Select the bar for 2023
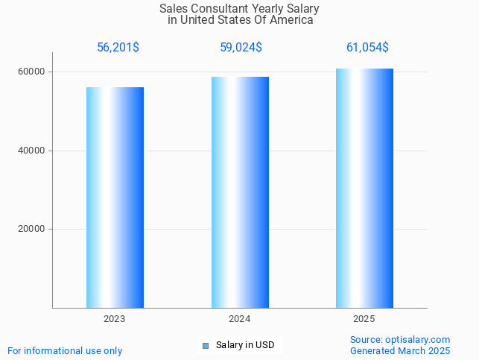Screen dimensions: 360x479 115,197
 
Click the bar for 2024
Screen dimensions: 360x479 240,192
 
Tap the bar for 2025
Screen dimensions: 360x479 364,188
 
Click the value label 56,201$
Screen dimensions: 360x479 118,48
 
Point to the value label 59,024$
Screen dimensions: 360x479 241,48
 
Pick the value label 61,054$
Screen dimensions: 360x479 367,48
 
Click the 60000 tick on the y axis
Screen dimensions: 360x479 32,72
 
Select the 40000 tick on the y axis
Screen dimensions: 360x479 32,151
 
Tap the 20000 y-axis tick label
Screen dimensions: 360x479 32,230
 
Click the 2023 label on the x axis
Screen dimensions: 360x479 115,319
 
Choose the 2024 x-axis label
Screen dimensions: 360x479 239,319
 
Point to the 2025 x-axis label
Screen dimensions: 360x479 364,319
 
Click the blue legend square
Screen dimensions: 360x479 206,345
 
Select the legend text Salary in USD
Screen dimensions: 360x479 245,345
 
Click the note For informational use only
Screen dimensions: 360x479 65,351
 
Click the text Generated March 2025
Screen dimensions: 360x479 400,351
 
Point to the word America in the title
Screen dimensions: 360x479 291,20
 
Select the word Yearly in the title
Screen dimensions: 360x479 269,9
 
